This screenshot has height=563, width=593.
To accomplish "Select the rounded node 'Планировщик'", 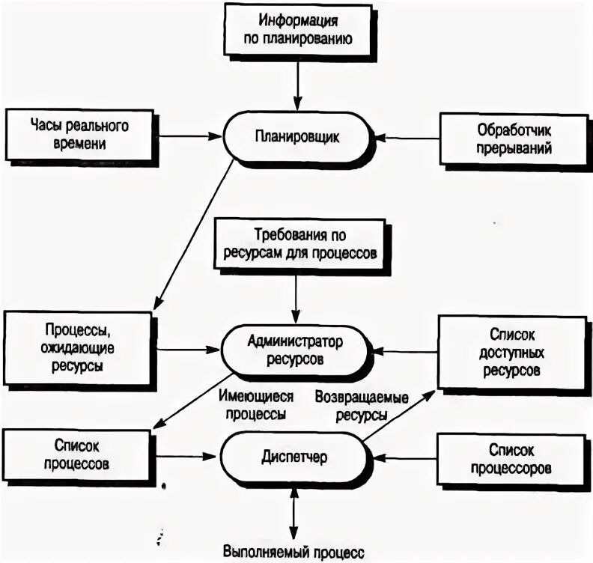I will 297,137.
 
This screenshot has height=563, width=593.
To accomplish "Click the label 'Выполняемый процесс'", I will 294,553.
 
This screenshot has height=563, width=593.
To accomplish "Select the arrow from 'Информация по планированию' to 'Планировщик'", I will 298,83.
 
